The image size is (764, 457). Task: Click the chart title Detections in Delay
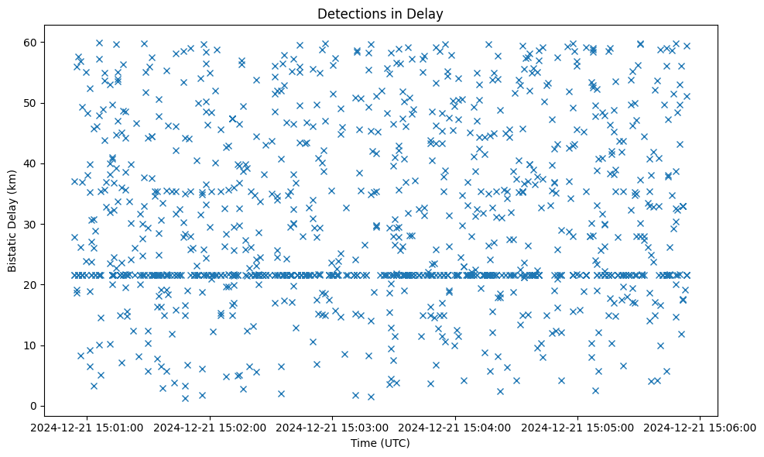coord(380,13)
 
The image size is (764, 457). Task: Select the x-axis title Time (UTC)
coord(380,443)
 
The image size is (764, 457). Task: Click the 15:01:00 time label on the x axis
coord(87,427)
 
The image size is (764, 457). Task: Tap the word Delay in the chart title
coord(427,13)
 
